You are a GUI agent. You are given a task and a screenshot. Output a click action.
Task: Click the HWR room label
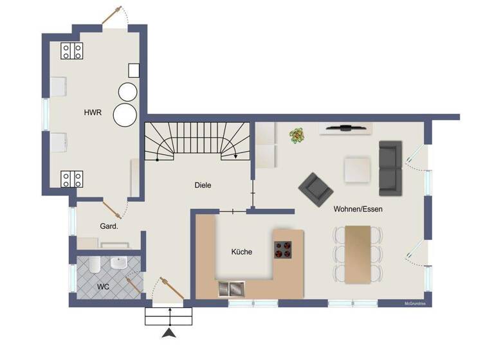tap(93, 113)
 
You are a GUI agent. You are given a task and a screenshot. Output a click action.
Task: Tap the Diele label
tap(203, 185)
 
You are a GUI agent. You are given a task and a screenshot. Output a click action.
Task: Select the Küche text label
tap(242, 252)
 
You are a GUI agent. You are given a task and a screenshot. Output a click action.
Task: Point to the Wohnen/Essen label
tap(358, 210)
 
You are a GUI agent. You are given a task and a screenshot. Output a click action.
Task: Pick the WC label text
tap(103, 286)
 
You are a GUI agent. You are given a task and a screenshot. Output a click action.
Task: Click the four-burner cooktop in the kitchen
tap(282, 249)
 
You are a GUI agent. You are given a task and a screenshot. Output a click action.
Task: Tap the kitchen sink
tap(232, 289)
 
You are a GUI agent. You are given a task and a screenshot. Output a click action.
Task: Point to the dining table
tap(358, 254)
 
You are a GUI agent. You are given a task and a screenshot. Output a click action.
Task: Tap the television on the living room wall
tap(346, 128)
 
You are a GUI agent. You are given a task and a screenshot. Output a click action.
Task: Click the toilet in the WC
tap(93, 265)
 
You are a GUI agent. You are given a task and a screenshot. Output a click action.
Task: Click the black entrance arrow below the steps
tap(170, 332)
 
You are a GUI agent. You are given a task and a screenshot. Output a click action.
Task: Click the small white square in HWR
tap(134, 70)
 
